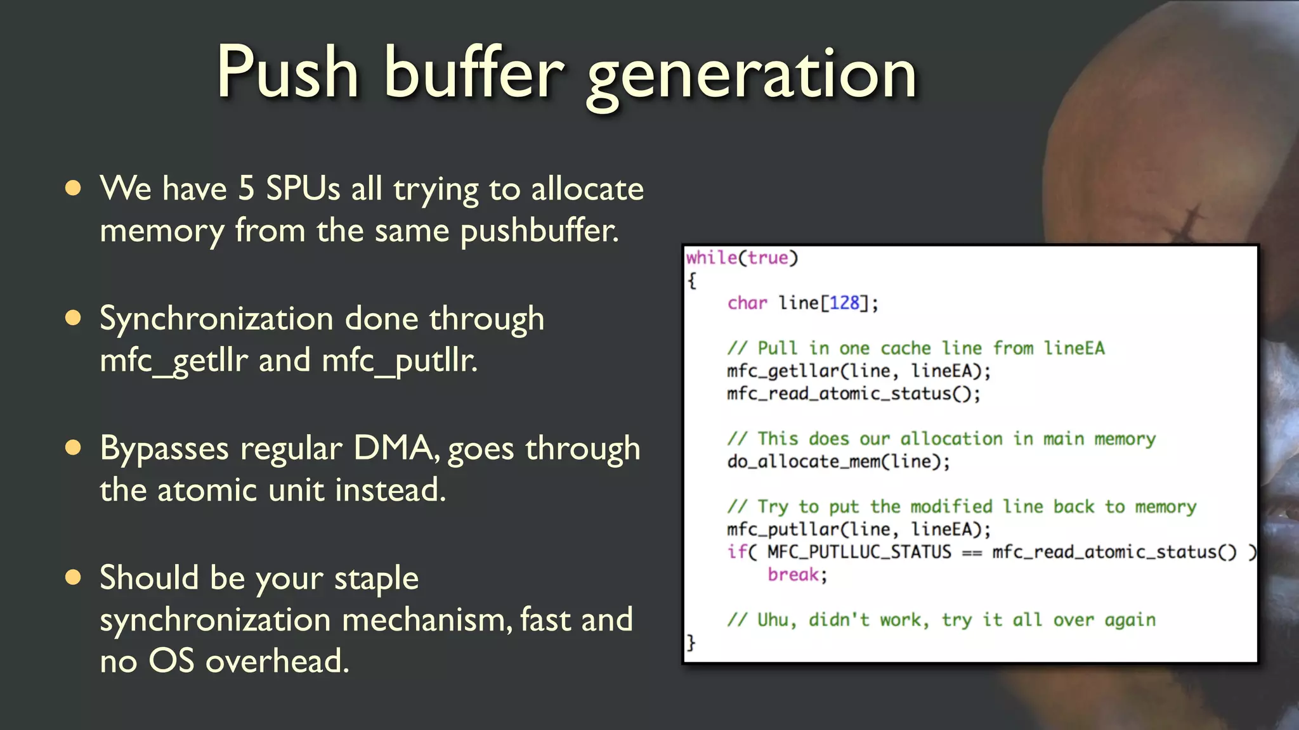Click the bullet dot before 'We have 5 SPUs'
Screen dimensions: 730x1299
click(x=74, y=188)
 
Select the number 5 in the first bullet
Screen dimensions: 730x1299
click(x=246, y=189)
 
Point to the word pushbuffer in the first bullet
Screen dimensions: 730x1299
click(x=539, y=231)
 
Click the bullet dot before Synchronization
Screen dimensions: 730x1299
click(x=74, y=318)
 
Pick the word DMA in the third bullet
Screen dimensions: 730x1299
click(x=393, y=448)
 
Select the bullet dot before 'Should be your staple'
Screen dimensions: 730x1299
click(x=74, y=577)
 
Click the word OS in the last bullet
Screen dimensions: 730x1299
click(x=171, y=661)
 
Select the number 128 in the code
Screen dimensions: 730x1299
click(x=844, y=303)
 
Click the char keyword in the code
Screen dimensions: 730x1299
click(x=747, y=303)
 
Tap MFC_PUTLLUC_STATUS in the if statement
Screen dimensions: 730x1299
click(x=859, y=552)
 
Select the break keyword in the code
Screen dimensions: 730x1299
click(x=793, y=575)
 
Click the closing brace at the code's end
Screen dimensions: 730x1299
click(x=691, y=643)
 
